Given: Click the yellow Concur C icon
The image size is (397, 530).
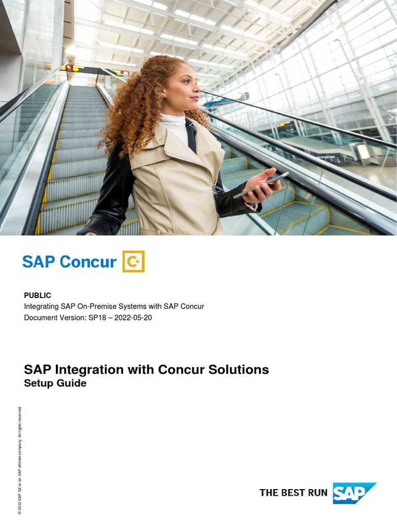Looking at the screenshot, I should [x=133, y=261].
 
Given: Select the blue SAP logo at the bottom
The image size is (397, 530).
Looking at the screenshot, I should [x=353, y=493].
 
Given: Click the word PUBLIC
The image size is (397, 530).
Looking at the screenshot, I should [x=38, y=296].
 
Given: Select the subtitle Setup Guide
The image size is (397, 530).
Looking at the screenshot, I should [x=55, y=384].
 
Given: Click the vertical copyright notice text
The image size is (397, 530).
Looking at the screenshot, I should [x=20, y=461].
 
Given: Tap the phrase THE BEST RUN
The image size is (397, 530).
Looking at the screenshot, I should [x=293, y=493].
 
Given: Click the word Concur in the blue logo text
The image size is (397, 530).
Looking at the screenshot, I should [x=88, y=262].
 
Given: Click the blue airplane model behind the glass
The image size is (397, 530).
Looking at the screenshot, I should [x=227, y=100].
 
